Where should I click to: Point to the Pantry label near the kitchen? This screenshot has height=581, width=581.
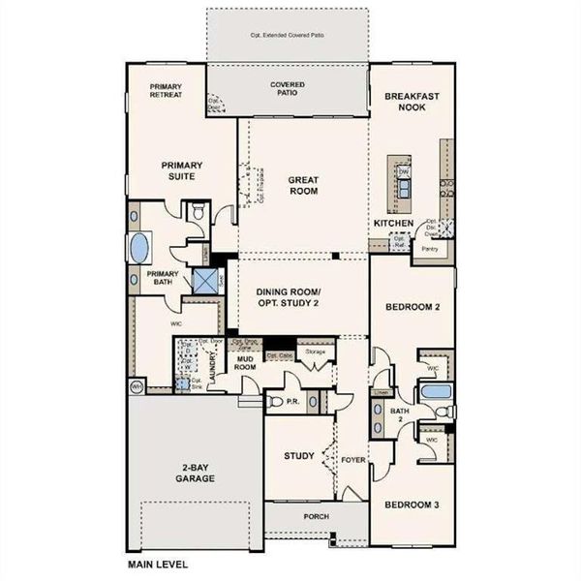426,247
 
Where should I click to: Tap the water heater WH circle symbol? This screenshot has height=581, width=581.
137,386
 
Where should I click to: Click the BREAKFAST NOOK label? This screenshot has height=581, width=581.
413,103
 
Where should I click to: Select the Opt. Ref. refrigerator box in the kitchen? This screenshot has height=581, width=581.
398,241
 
